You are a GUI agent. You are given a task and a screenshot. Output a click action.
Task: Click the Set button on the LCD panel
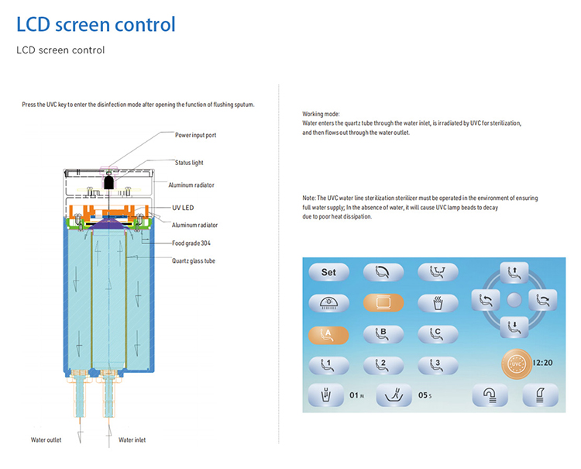click(x=328, y=273)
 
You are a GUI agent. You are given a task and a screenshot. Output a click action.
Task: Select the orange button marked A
click(x=328, y=334)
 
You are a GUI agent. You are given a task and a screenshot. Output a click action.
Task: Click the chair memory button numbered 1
click(x=328, y=364)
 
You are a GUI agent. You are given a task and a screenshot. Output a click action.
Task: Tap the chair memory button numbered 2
click(x=380, y=364)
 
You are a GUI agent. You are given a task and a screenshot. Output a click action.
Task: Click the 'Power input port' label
click(x=195, y=134)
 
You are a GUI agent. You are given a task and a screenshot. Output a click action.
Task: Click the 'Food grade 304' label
click(x=193, y=243)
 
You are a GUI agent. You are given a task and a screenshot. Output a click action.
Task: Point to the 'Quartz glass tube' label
click(x=194, y=261)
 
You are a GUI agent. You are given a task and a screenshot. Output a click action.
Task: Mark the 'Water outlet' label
click(x=46, y=440)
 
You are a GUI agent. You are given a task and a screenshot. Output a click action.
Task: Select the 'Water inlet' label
click(x=132, y=440)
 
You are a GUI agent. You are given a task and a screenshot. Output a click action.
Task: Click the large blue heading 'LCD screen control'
click(x=96, y=24)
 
